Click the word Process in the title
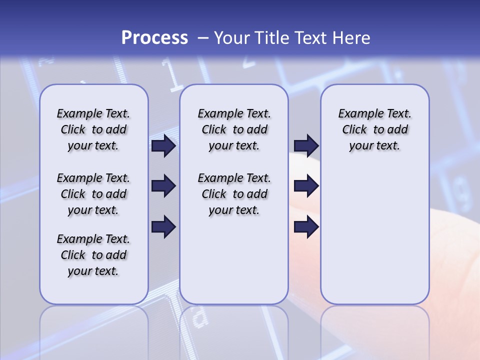click(154, 37)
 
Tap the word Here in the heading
click(349, 37)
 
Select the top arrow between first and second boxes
click(163, 145)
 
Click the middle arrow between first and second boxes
click(163, 186)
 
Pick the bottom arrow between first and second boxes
click(163, 227)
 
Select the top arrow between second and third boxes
click(306, 145)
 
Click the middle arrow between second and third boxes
click(306, 186)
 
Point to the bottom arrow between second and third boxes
click(306, 227)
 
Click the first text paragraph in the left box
click(93, 129)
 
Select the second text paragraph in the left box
click(93, 194)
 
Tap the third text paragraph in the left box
click(93, 255)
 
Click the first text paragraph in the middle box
click(234, 129)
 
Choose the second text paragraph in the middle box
click(234, 194)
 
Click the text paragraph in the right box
click(374, 129)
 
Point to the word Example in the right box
click(356, 114)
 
